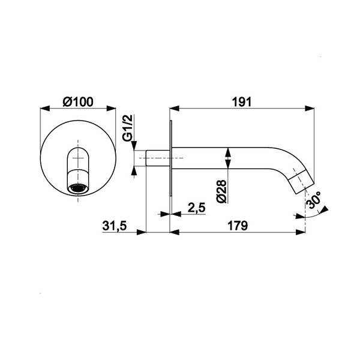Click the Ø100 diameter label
(x=78, y=102)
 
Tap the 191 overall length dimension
(x=242, y=102)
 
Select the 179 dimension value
(x=238, y=226)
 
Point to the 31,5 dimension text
(x=115, y=226)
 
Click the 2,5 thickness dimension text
(x=196, y=208)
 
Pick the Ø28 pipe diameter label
(x=221, y=191)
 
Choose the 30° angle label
(x=314, y=200)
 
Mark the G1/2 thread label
(x=128, y=128)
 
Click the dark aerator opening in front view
(x=78, y=188)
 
